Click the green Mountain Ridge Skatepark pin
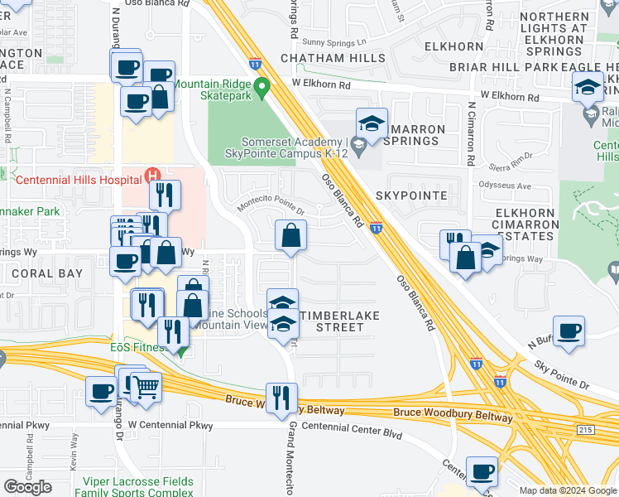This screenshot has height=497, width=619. tap(262, 86)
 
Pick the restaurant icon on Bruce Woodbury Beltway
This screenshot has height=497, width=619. tap(281, 398)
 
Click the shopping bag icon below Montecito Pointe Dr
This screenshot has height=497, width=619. tap(290, 236)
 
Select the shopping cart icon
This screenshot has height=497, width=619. tap(146, 386)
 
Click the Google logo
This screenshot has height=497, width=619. tap(27, 487)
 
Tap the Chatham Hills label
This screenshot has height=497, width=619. tap(333, 58)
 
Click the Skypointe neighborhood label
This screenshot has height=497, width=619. tap(411, 195)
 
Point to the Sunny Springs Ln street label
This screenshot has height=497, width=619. tap(334, 42)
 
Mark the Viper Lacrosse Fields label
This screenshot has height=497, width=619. tap(138, 481)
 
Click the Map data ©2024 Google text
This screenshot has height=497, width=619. tap(567, 490)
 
